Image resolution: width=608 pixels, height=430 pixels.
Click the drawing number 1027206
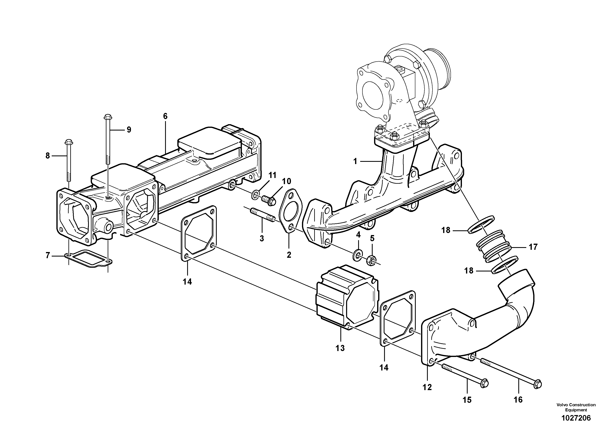coord(576,418)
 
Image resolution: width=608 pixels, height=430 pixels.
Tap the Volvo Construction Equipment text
coord(576,407)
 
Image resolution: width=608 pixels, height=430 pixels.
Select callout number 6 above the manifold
coord(165,116)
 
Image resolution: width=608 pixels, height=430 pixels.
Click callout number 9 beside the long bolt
coord(129,130)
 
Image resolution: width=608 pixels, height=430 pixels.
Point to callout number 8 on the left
coord(48,156)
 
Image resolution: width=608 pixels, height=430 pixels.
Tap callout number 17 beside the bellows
coord(533,247)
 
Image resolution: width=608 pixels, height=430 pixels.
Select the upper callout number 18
coord(446,230)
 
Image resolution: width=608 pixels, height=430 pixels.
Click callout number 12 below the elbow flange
coord(427,387)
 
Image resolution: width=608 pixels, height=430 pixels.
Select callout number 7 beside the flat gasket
coord(48,256)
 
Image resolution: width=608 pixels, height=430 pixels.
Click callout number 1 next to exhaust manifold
coord(355,161)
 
